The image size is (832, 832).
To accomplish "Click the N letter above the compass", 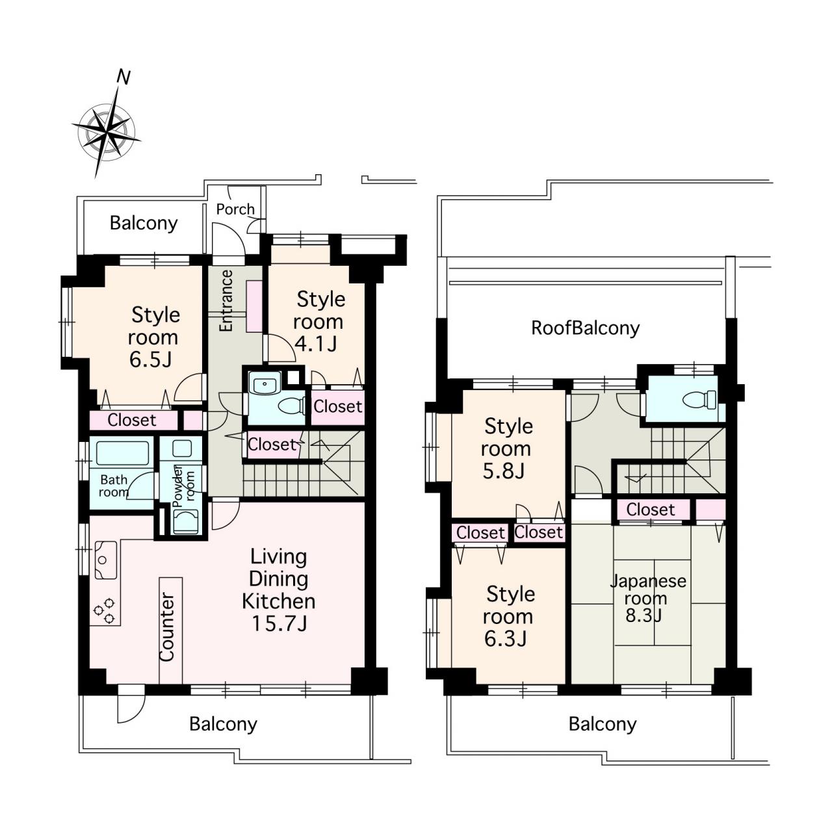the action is tap(123, 77).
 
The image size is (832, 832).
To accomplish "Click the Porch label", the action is tap(235, 209).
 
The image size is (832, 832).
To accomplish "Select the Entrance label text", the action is tap(226, 300).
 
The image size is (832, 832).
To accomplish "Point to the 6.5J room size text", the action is tap(151, 359).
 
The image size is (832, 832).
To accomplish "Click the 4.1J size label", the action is tap(316, 344).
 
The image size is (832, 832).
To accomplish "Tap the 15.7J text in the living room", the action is tap(279, 623).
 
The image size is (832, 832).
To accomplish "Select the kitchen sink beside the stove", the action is tap(106, 560).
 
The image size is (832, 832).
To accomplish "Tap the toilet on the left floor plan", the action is tap(292, 406).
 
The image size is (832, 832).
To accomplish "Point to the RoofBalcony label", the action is tap(585, 328).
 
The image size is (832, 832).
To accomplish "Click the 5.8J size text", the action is tap(504, 471).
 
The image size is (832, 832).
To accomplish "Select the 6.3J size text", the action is tap(505, 639).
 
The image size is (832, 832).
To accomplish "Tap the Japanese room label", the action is tap(647, 590).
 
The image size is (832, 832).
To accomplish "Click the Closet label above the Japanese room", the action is tap(650, 510).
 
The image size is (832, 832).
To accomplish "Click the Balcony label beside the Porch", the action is tap(144, 223).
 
